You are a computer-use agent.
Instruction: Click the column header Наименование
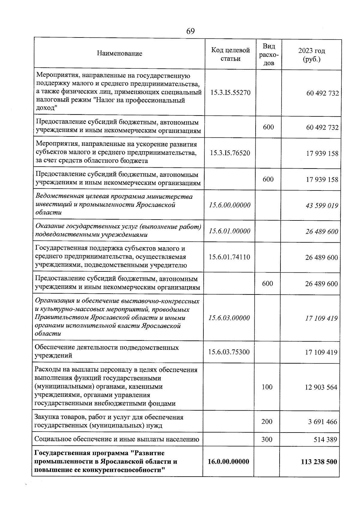(x=119, y=54)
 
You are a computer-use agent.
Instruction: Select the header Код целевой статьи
(x=230, y=54)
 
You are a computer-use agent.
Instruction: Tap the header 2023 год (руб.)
(x=311, y=55)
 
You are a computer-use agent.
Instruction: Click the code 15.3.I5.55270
(x=230, y=93)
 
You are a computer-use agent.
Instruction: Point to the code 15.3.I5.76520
(x=230, y=153)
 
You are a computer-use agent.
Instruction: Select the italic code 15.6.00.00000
(x=229, y=205)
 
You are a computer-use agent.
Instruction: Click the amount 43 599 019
(x=322, y=206)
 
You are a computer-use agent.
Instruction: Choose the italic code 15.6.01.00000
(x=229, y=231)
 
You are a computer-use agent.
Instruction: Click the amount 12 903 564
(x=321, y=387)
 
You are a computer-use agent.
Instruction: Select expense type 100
(x=267, y=387)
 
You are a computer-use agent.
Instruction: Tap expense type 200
(x=267, y=421)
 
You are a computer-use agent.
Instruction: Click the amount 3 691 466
(x=322, y=422)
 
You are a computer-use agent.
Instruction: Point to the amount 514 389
(x=325, y=440)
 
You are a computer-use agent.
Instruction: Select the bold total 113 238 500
(x=319, y=462)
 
